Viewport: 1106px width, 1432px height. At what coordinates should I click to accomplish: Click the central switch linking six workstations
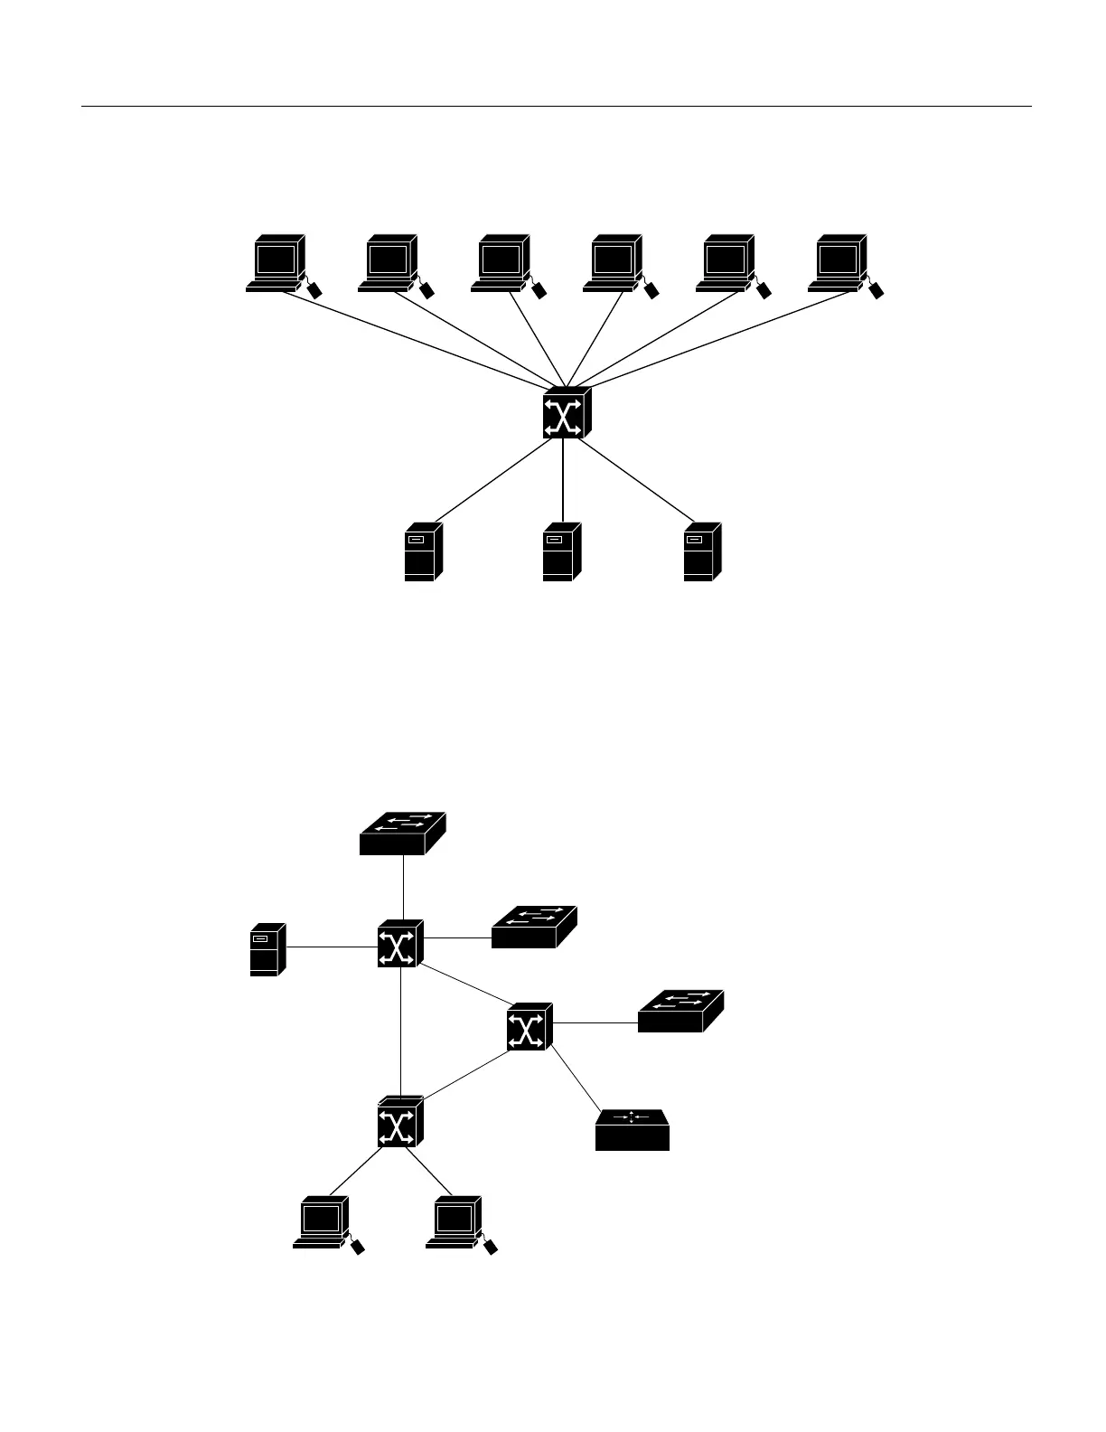pos(566,414)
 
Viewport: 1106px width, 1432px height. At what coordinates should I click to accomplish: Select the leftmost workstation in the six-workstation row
pos(276,262)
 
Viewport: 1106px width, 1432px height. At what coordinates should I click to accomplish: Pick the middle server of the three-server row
pos(561,551)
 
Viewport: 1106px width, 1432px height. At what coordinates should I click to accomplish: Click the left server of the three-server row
pos(422,551)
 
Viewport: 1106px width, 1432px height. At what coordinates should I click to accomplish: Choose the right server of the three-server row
pos(702,551)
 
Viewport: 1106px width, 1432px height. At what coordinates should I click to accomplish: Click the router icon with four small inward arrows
pos(632,1130)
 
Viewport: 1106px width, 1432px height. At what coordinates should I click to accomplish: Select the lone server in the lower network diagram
pos(267,949)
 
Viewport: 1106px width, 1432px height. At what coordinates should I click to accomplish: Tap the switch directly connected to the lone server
pos(399,945)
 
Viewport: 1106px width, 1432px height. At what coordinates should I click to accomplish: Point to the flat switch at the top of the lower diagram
pos(402,833)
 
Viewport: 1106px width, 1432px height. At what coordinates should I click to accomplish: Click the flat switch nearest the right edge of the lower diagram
pos(680,1011)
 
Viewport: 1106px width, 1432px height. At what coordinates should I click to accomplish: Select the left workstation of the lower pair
pos(323,1223)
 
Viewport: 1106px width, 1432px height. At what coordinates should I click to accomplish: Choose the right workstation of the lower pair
pos(455,1223)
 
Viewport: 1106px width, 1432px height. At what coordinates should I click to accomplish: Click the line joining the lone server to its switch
pos(331,947)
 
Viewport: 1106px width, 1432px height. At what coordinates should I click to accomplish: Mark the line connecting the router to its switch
pos(576,1079)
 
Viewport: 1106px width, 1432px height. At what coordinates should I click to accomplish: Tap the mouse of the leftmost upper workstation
pos(314,291)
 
